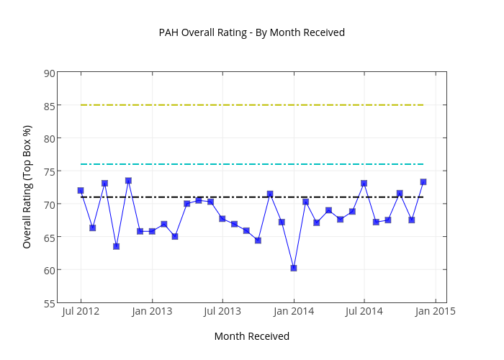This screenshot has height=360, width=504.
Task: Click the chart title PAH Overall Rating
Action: (252, 32)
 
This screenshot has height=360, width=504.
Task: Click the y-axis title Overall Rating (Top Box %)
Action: (27, 186)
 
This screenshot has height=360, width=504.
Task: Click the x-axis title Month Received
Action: (252, 336)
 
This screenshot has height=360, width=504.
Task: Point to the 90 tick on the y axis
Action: (48, 73)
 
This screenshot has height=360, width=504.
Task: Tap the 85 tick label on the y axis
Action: (48, 105)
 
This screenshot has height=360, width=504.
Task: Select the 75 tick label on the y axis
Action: (48, 171)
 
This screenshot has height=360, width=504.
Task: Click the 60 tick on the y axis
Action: (48, 270)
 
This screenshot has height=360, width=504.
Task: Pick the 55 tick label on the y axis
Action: (48, 303)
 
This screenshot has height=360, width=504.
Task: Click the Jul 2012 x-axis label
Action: (81, 312)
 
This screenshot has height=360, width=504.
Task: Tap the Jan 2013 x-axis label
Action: (152, 312)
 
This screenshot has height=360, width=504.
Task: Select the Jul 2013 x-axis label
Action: (222, 312)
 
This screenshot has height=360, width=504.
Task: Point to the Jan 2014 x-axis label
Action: (294, 312)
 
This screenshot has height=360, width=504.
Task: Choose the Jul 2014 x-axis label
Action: (364, 312)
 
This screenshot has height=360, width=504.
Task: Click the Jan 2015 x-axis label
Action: (435, 312)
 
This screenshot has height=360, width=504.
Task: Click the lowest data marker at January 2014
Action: (294, 268)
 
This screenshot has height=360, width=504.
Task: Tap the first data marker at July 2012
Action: (81, 191)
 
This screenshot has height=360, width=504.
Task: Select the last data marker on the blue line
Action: (423, 182)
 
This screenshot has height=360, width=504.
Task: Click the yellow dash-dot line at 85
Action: (252, 105)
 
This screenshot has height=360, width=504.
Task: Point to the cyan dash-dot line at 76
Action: (252, 164)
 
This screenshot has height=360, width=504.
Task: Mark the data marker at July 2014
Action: (364, 184)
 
